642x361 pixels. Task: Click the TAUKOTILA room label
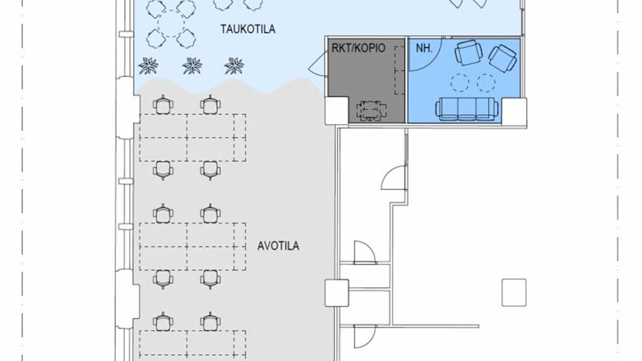[x=248, y=29]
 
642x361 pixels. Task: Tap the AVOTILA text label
[x=278, y=246]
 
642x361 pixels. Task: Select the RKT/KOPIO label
[x=358, y=48]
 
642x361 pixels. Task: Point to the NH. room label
[x=424, y=48]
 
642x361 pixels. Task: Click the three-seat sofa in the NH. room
[x=466, y=109]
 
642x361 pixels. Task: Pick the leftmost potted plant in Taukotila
[x=148, y=65]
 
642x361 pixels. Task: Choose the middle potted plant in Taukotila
[x=192, y=65]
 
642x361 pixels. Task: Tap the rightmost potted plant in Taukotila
[x=234, y=65]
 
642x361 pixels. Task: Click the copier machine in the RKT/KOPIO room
[x=371, y=111]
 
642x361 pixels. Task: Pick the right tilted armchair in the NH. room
[x=503, y=58]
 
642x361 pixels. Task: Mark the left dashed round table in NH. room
[x=460, y=82]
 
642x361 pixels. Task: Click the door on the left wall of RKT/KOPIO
[x=318, y=65]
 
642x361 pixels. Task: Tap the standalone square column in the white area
[x=514, y=292]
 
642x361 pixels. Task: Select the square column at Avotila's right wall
[x=337, y=293]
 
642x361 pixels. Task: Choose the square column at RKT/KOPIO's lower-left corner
[x=337, y=111]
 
